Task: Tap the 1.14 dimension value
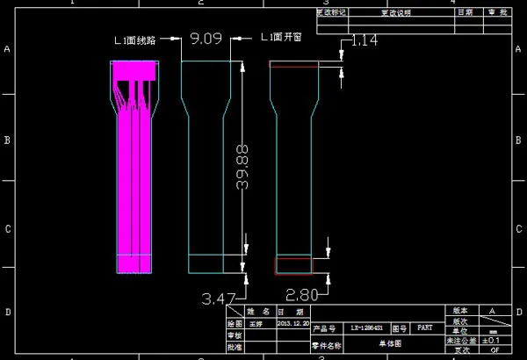364,40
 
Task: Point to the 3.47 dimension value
219,299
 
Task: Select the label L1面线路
137,39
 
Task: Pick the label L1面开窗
283,39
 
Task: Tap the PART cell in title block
424,327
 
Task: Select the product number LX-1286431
366,327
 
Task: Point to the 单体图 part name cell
389,344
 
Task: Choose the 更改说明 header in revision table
394,13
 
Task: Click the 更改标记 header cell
331,13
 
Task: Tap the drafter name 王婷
256,323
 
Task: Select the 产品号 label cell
325,327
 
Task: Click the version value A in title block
491,311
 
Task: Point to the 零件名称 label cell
325,345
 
